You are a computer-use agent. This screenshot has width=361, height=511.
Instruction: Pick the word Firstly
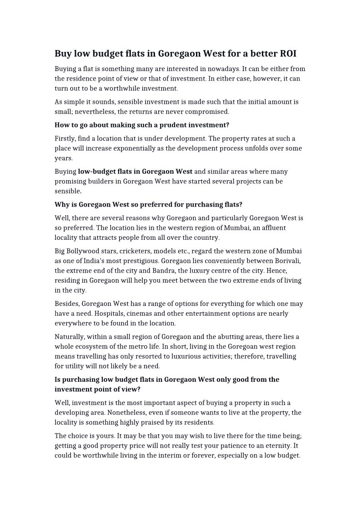(x=65, y=138)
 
